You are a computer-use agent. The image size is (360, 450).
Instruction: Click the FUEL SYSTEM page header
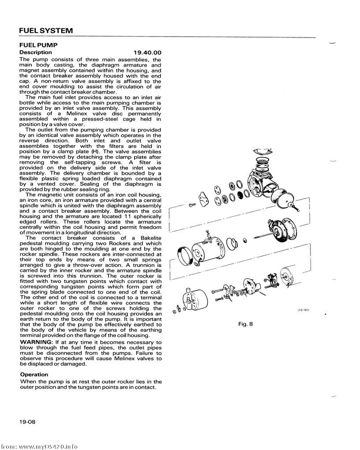click(x=46, y=30)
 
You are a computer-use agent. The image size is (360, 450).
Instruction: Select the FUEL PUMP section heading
click(x=38, y=45)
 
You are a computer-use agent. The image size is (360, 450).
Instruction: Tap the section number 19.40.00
click(x=144, y=52)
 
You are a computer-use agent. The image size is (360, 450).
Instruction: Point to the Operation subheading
click(x=34, y=375)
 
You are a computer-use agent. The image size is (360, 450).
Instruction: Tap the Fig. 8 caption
click(x=245, y=324)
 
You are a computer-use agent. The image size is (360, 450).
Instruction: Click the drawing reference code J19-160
click(x=302, y=310)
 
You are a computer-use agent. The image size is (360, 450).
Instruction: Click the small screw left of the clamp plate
click(x=191, y=205)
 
